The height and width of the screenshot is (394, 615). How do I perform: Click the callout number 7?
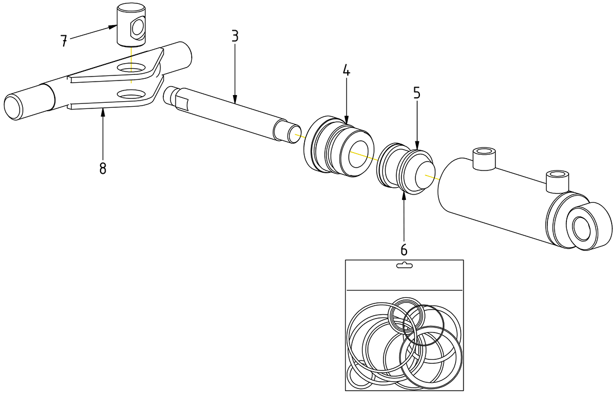click(x=64, y=40)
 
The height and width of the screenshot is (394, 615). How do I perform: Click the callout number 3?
click(x=235, y=36)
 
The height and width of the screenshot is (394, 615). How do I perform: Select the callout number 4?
click(x=346, y=70)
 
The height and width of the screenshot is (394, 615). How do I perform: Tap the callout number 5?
click(x=417, y=93)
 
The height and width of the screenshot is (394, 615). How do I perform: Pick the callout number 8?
click(x=103, y=168)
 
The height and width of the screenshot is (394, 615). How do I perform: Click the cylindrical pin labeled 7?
click(x=131, y=25)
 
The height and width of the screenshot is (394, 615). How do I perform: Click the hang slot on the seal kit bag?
click(x=404, y=265)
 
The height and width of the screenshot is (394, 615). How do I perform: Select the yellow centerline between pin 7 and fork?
click(x=131, y=56)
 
